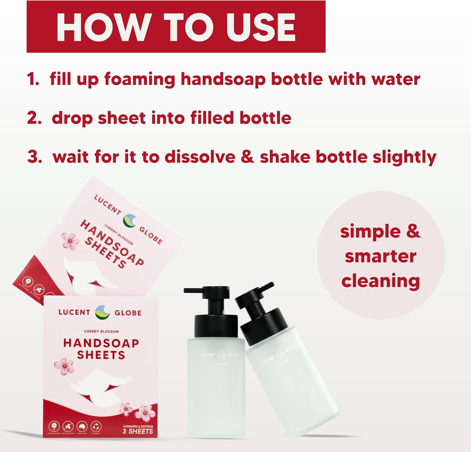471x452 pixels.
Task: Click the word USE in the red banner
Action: [260, 28]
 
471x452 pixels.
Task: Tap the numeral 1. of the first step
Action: [33, 79]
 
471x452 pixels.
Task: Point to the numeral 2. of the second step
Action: [34, 118]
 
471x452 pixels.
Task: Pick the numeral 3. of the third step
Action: [35, 157]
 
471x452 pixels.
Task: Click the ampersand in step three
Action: [247, 157]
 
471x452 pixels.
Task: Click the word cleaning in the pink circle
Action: [381, 281]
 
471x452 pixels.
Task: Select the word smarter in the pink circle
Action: [381, 256]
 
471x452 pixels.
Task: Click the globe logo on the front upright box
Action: [102, 312]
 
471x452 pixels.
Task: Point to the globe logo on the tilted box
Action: [130, 220]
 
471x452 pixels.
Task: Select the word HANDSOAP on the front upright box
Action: [101, 343]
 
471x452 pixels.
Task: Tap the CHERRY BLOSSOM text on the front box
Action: [101, 331]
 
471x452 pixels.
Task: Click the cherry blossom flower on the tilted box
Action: [70, 241]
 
